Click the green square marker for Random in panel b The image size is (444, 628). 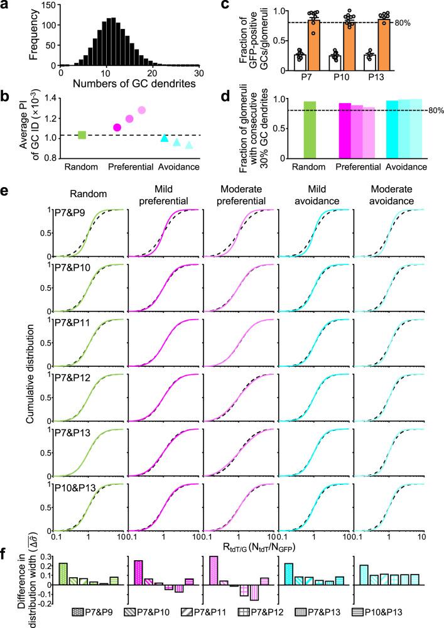82,134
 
